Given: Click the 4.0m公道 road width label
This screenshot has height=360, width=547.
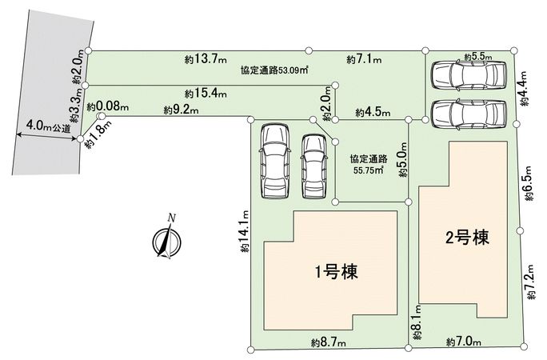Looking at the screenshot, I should click(x=48, y=126).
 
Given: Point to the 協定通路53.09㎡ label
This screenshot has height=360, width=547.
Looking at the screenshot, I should click(x=275, y=70).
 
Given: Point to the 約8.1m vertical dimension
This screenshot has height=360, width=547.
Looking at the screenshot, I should click(x=415, y=324).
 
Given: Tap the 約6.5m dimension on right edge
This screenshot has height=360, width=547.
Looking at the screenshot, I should click(x=529, y=190).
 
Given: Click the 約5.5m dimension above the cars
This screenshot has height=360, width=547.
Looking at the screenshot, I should click(x=478, y=58).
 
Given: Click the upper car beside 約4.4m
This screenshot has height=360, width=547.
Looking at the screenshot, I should click(x=468, y=76).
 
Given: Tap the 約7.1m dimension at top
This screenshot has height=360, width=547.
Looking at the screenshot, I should click(x=364, y=59).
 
